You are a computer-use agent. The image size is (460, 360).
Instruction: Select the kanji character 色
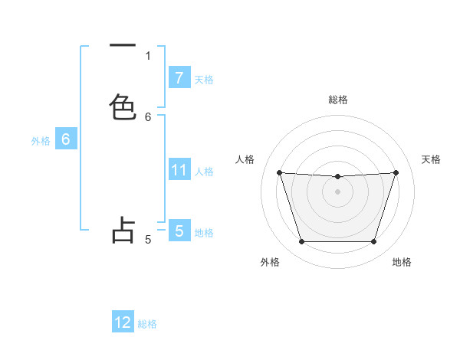(x=123, y=106)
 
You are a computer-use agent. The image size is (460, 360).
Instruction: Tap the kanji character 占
(x=123, y=230)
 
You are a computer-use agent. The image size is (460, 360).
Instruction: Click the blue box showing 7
(x=179, y=78)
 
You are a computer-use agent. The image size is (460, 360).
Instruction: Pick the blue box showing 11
(x=179, y=170)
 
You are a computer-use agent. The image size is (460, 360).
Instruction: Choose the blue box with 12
(x=123, y=322)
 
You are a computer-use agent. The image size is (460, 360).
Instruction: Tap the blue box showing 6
(x=65, y=139)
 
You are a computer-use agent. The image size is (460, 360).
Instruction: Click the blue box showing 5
(x=179, y=231)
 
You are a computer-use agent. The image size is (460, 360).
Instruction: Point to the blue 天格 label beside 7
(x=204, y=79)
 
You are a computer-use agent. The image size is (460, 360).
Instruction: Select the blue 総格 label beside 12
(x=147, y=323)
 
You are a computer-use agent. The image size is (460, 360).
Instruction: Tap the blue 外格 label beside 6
(x=40, y=140)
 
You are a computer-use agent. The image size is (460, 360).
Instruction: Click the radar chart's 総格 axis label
(x=337, y=100)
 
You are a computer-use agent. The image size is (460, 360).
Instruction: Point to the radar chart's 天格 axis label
(x=432, y=159)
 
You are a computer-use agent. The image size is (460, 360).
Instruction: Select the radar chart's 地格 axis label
(x=402, y=262)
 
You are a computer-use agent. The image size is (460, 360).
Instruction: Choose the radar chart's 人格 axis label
(x=245, y=159)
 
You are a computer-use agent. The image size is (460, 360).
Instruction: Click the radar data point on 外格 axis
(x=301, y=242)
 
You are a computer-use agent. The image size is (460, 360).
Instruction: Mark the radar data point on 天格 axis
(x=396, y=172)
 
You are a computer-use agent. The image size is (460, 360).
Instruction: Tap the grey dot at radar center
(x=337, y=191)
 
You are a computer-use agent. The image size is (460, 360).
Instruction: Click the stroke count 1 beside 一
(x=148, y=55)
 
